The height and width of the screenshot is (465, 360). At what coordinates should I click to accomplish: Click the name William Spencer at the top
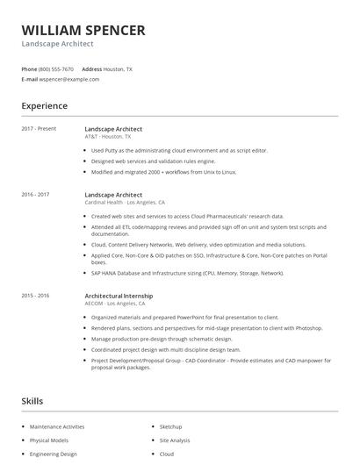[x=83, y=31]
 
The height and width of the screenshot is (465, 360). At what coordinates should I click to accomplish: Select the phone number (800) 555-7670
[x=56, y=68]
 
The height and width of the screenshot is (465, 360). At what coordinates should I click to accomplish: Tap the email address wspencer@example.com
[x=69, y=79]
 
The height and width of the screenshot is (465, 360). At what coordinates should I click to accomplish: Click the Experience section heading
[x=45, y=106]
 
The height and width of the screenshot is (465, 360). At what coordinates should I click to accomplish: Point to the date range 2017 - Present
[x=39, y=129]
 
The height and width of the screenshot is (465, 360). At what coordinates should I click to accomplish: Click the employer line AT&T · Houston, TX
[x=108, y=137]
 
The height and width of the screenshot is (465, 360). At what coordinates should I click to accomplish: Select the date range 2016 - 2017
[x=35, y=194]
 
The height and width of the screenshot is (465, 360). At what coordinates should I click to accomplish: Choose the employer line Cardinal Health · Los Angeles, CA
[x=125, y=202]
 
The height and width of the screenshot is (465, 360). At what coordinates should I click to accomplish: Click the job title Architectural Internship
[x=119, y=296]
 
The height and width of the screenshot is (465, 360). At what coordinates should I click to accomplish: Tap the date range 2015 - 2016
[x=35, y=296]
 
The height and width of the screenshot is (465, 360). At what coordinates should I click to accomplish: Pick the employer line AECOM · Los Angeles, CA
[x=121, y=304]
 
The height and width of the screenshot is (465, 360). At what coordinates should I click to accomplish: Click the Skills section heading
[x=32, y=401]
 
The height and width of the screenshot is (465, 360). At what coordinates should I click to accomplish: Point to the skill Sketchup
[x=170, y=426]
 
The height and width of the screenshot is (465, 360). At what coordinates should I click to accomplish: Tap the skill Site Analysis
[x=174, y=440]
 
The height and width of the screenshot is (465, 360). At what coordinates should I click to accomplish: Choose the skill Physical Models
[x=49, y=440]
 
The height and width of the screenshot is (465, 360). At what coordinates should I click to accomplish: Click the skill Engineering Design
[x=54, y=454]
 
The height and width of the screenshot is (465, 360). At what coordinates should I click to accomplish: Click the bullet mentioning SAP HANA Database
[x=187, y=273]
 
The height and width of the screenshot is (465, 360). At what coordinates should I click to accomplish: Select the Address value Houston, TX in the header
[x=117, y=68]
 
